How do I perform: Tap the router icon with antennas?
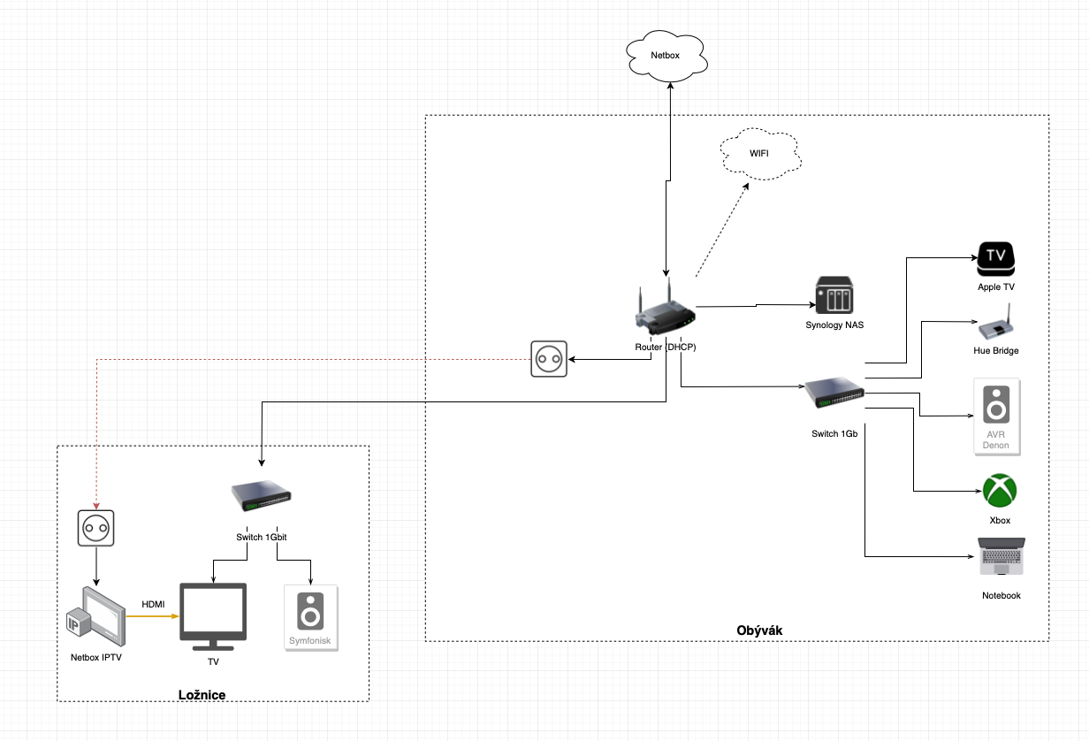click(665, 309)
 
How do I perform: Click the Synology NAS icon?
click(834, 294)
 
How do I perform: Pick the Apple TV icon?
click(996, 258)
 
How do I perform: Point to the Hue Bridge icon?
click(995, 324)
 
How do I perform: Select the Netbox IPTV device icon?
click(96, 616)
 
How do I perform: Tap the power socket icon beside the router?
click(549, 359)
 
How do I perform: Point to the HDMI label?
click(154, 604)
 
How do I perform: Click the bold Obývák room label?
click(759, 630)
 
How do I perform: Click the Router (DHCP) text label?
click(666, 347)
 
